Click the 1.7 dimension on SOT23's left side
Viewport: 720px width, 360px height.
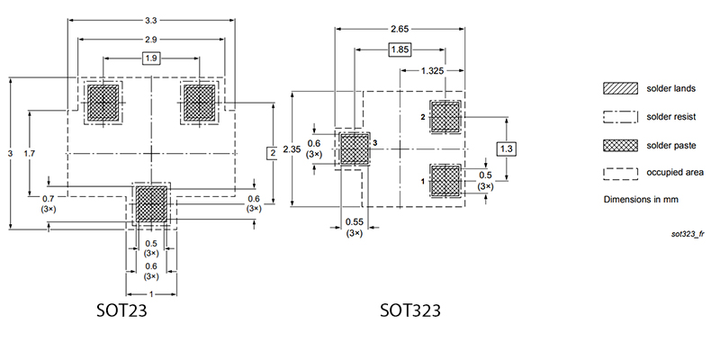click(x=31, y=155)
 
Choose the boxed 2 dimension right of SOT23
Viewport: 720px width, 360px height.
click(x=272, y=154)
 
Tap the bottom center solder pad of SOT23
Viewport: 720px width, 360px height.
click(x=152, y=203)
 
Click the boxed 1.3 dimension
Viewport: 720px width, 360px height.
click(x=506, y=148)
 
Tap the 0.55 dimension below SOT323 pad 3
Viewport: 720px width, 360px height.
click(x=354, y=221)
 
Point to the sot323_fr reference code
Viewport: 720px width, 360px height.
click(x=688, y=233)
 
